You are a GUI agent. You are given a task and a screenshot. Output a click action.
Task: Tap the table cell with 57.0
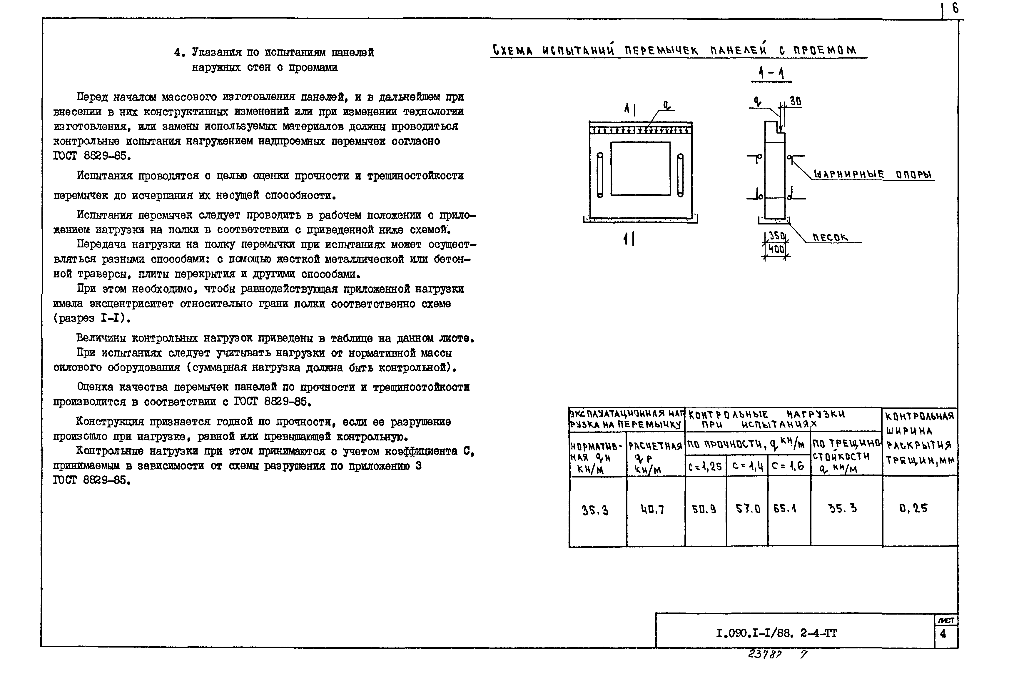coord(748,509)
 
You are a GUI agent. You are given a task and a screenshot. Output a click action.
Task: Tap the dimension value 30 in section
coord(795,101)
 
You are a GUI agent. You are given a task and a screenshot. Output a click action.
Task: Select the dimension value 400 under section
coord(776,249)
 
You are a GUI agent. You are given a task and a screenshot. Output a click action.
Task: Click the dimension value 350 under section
coord(776,236)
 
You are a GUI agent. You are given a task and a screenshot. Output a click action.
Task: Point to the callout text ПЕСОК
coord(830,237)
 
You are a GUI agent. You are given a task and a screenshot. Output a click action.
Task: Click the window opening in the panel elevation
coord(640,169)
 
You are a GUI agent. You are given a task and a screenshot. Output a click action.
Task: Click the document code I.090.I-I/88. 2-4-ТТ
coord(776,633)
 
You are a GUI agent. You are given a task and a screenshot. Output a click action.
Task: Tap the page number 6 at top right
coord(955,9)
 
